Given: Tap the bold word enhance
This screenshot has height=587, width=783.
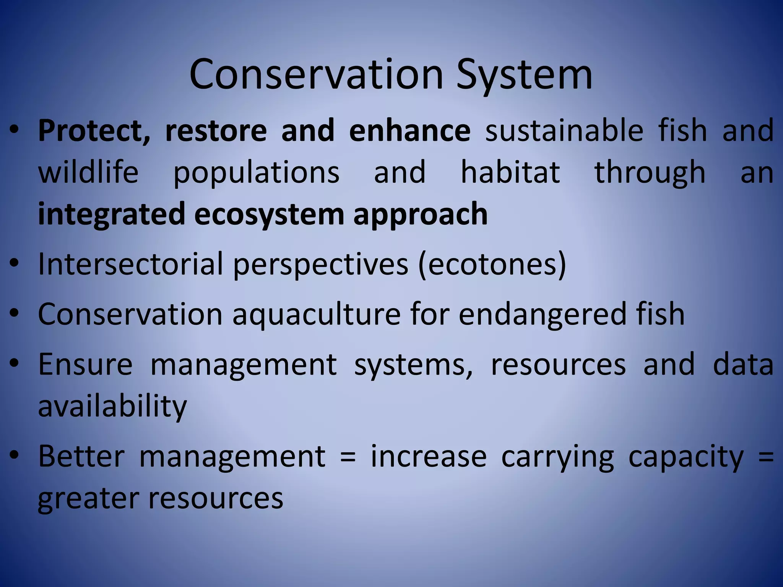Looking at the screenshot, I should coord(409,131).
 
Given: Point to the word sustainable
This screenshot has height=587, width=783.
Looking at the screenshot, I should coord(564,131).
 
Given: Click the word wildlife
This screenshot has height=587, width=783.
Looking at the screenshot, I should coord(88,172).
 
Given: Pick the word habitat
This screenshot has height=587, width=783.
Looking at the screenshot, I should coord(510,172).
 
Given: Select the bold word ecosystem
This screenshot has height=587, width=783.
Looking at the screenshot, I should coord(269,214).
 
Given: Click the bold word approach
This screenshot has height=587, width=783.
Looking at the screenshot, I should coord(420,214).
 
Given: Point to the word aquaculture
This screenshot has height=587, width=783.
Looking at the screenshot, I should coord(316,314).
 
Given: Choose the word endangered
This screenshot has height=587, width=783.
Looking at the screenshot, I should coord(542,314).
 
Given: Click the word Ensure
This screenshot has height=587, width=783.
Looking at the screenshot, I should coord(85,365).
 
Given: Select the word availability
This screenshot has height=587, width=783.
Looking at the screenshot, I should coord(112,406).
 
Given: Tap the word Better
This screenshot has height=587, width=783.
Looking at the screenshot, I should coord(81,456).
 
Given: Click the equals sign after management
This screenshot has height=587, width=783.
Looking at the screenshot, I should coord(348,457).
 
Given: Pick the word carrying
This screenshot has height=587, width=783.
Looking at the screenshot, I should coord(557,457).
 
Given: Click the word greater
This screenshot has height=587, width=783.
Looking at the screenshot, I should coord(88,498).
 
